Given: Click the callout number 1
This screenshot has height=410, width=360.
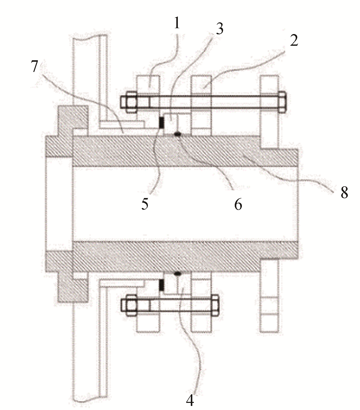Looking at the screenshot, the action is [176, 24].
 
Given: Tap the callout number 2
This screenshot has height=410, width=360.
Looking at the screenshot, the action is [294, 40].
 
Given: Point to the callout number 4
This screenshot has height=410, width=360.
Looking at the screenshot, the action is [190, 400].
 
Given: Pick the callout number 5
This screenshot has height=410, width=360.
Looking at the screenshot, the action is [145, 203].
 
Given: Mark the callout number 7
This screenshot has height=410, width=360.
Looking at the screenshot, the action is [35, 66].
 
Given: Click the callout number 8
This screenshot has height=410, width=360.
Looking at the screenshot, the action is [344, 192].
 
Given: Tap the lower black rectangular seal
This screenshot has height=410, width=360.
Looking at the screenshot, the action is [161, 285].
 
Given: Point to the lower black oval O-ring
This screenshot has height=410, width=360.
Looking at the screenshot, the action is [178, 274].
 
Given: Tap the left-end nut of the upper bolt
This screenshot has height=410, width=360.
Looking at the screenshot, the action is [129, 102].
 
